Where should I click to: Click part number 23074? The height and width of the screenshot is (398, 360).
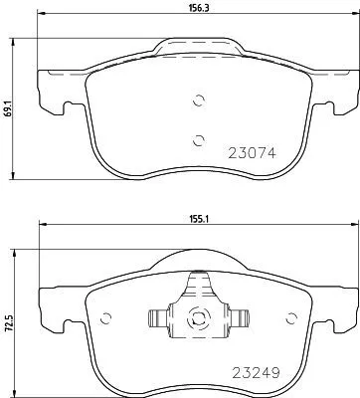pyautogui.click(x=252, y=154)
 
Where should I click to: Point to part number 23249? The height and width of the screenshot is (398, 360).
pyautogui.click(x=252, y=377)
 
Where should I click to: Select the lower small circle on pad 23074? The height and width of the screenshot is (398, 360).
pyautogui.click(x=198, y=138)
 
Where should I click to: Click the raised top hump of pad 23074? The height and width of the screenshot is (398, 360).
pyautogui.click(x=197, y=46)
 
